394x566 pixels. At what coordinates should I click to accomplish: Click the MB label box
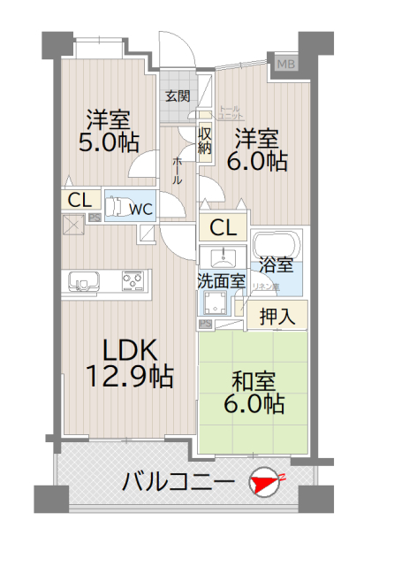[x=287, y=64]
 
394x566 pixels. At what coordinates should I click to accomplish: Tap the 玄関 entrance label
[x=177, y=96]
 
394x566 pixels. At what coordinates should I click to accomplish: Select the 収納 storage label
[x=204, y=141]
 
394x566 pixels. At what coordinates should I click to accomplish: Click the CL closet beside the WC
[x=79, y=199]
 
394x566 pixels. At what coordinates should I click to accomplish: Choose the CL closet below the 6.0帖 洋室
[x=223, y=227]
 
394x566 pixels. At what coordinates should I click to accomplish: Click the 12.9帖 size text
[x=128, y=377]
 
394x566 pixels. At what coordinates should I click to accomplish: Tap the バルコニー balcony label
[x=178, y=483]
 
